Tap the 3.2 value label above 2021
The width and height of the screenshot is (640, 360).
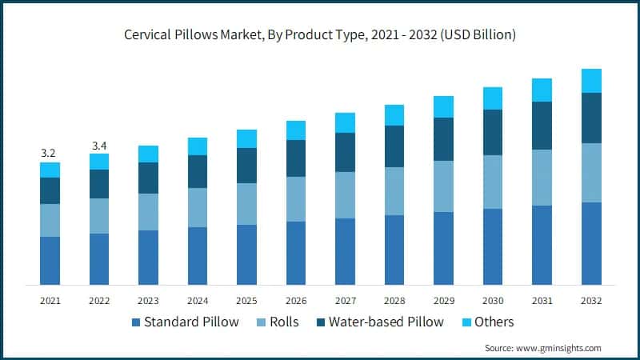pos(50,153)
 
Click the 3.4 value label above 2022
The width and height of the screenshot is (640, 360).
pos(98,145)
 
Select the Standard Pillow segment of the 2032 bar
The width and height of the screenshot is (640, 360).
pos(591,243)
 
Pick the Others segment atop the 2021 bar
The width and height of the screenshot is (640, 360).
pos(50,170)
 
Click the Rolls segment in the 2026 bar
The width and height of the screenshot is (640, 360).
pos(296,199)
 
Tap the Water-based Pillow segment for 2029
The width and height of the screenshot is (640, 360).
pos(443,139)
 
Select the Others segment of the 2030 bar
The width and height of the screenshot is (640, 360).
pos(493,98)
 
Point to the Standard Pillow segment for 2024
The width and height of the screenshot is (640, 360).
pos(198,256)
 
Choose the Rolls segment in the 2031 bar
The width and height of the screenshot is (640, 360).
pos(542,178)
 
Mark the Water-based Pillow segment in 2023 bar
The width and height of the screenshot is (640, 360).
pos(148,178)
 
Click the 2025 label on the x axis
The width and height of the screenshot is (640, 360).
pos(246,300)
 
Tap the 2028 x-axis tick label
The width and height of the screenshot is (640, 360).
pos(394,300)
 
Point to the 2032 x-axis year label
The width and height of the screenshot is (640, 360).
pos(591,300)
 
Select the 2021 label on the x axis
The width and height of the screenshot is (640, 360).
pos(50,300)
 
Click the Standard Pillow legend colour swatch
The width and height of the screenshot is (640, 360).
pos(136,322)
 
